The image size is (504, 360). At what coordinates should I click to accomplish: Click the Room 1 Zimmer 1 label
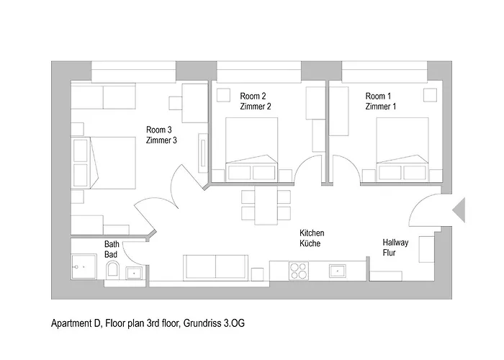click(x=381, y=102)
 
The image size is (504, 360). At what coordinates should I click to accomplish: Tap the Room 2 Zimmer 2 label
click(x=256, y=102)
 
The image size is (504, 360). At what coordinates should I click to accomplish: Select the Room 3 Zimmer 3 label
click(x=161, y=135)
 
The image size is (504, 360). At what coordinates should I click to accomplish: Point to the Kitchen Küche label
click(x=312, y=238)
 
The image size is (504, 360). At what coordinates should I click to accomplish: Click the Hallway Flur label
click(x=395, y=248)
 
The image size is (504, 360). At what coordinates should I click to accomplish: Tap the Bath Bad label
click(x=112, y=249)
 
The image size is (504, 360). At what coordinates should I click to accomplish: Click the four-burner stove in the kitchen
click(x=299, y=271)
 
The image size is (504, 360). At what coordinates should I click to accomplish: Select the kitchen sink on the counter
click(x=338, y=271)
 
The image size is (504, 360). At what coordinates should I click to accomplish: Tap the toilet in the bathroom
click(x=112, y=270)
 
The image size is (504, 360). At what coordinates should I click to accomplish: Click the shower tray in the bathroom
click(x=84, y=267)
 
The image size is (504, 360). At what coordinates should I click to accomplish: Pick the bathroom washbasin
click(x=134, y=273)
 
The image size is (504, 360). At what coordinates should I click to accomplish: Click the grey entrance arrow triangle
click(x=459, y=210)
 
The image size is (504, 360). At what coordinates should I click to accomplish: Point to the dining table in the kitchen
click(x=266, y=205)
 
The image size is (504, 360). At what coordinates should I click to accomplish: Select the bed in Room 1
click(x=402, y=150)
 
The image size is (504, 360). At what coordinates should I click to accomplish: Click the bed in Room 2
click(x=252, y=150)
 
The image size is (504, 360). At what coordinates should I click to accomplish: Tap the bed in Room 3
click(x=104, y=163)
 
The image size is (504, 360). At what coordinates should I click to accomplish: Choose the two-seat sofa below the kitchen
click(x=216, y=267)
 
